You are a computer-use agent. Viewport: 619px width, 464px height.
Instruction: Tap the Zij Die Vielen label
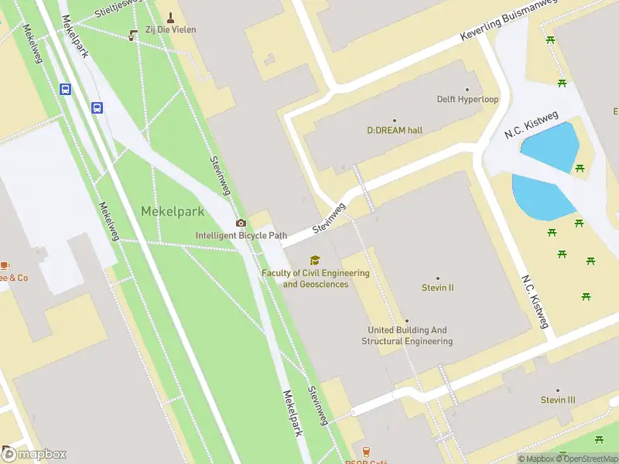pos(170,29)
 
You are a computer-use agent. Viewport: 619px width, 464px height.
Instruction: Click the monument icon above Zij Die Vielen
pos(170,16)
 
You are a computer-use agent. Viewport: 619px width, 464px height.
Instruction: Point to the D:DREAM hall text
pos(395,131)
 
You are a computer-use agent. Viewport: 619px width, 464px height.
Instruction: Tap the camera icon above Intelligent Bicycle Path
pos(241,223)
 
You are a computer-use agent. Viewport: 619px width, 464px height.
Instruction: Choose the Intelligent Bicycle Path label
pos(241,235)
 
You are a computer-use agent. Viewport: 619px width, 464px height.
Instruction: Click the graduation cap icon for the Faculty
pos(314,260)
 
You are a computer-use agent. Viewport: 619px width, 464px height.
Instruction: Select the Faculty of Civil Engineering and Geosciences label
pos(315,278)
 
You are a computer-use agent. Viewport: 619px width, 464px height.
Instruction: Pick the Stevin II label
pos(437,288)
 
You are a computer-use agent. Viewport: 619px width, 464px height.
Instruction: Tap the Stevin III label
pos(558,400)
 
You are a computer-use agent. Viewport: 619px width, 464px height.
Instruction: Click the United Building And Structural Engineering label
pos(407,336)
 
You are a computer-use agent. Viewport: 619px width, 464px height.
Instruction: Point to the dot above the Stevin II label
pos(437,278)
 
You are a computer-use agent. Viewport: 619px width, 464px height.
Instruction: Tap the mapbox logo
pos(35,455)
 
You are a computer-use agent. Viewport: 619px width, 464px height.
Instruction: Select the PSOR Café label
pos(366,462)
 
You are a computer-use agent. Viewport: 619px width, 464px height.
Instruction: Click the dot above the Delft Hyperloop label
pos(467,89)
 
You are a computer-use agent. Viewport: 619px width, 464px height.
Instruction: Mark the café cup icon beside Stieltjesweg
pos(133,33)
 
